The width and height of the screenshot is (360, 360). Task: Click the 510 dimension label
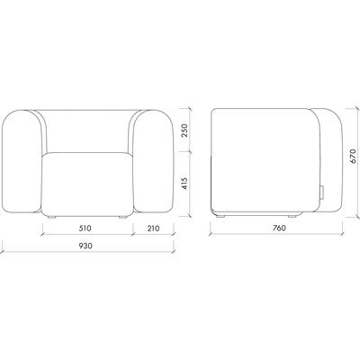(85, 229)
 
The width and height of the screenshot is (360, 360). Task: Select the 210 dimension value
(153, 229)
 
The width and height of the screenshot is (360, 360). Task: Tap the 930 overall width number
(85, 246)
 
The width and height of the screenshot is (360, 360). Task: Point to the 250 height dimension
(184, 130)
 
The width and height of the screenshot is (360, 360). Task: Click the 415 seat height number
(184, 184)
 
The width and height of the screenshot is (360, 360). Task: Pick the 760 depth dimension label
(279, 228)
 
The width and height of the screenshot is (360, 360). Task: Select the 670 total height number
(353, 157)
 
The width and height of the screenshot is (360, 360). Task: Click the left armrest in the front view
(22, 162)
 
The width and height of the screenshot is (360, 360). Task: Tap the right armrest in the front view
(153, 162)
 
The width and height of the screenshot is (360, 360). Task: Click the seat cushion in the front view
(87, 184)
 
